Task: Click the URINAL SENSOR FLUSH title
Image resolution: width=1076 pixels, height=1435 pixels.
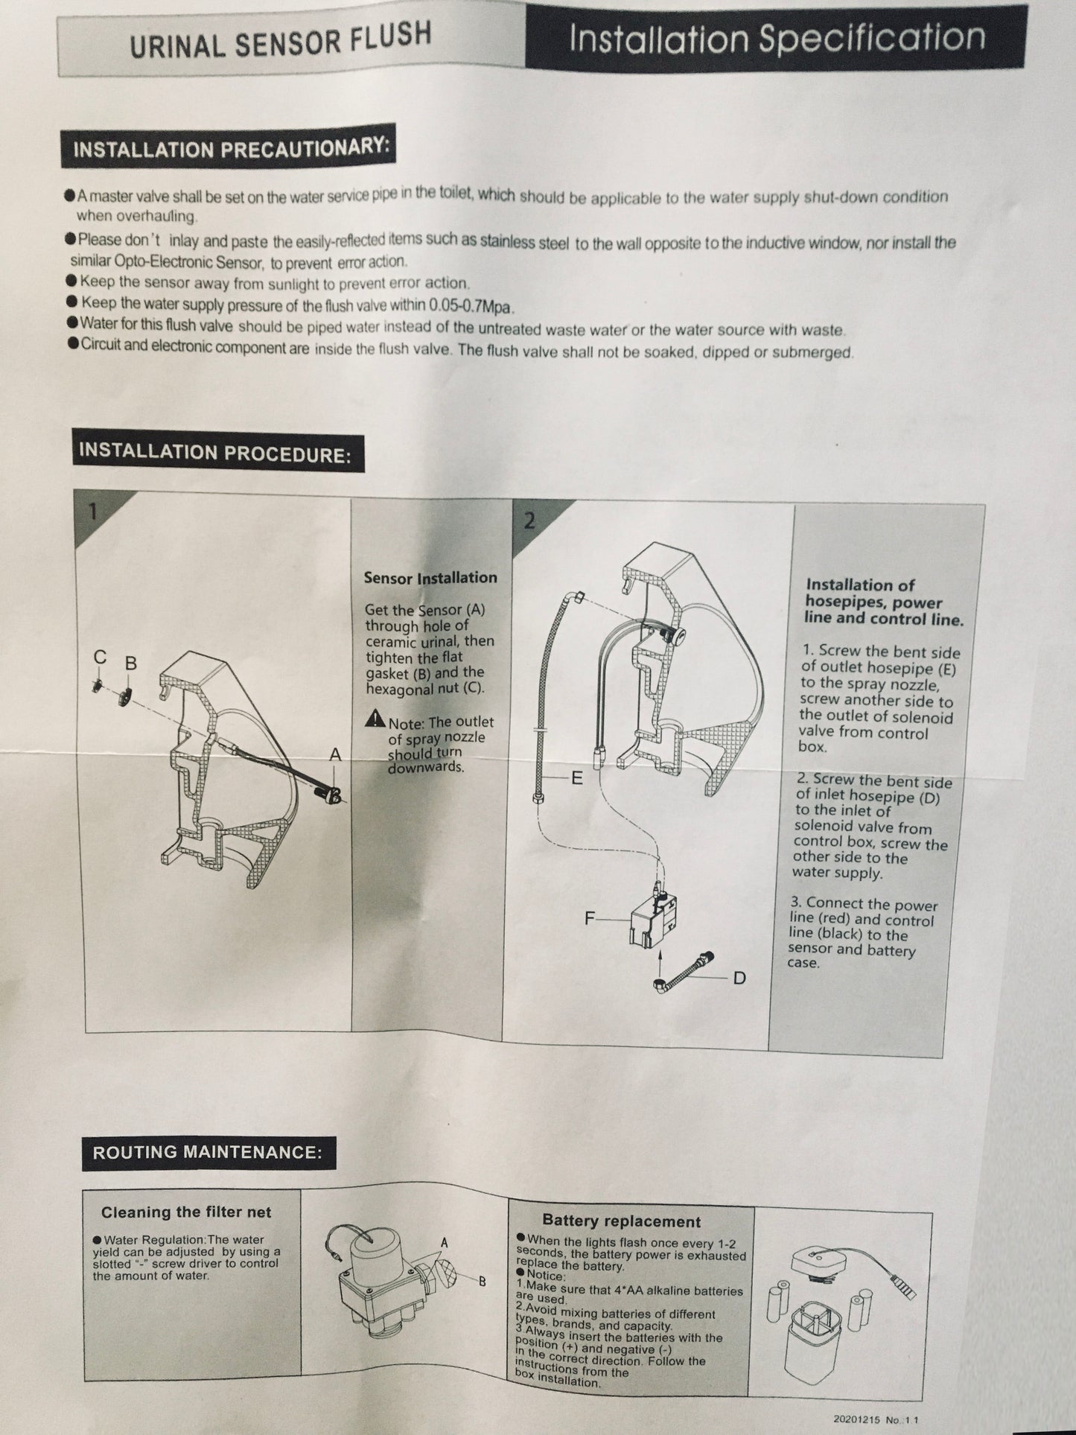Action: [280, 40]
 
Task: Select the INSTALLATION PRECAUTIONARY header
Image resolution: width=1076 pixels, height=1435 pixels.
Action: [230, 147]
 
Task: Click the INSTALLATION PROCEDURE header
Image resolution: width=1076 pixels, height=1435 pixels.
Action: [214, 452]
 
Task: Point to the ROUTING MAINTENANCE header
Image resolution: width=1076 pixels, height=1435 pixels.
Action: [207, 1152]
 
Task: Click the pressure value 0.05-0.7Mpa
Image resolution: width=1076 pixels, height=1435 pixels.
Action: [472, 305]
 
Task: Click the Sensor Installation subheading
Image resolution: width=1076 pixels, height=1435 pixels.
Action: [430, 578]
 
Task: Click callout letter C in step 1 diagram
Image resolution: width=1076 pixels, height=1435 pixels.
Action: [100, 658]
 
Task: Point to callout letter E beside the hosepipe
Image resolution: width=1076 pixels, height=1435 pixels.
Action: [576, 778]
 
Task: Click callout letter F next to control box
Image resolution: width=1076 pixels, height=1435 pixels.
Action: [590, 918]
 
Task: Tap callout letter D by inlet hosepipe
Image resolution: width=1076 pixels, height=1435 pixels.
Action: [739, 977]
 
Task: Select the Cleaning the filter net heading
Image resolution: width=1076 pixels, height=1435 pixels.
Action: [186, 1212]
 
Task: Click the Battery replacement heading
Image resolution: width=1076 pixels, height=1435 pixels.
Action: [621, 1221]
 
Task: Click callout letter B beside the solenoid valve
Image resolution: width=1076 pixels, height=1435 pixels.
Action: [482, 1282]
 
